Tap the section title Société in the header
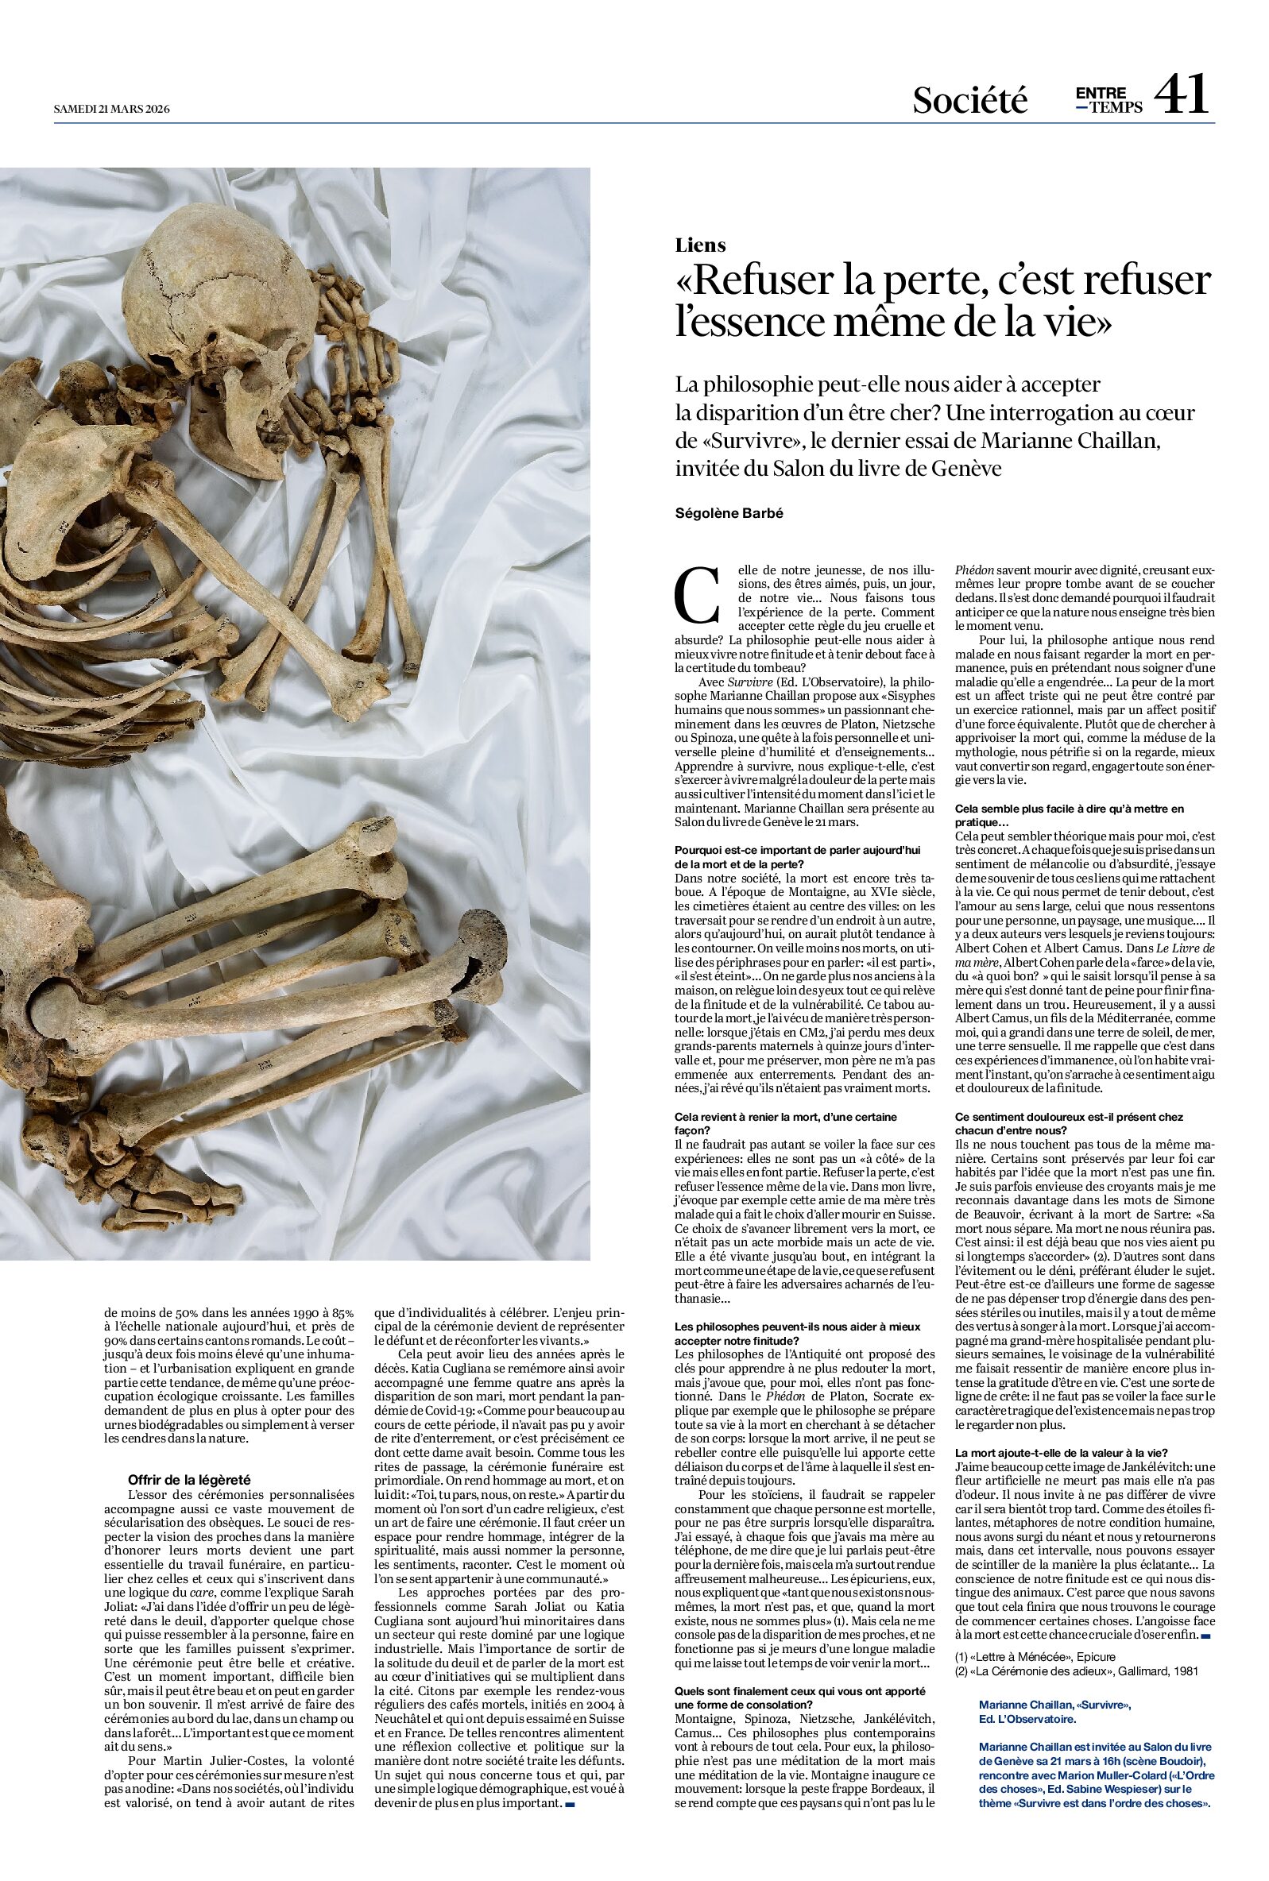969,99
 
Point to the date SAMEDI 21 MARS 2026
111,108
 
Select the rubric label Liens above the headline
700,245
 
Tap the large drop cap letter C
697,595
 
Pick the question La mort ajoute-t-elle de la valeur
1061,1452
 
